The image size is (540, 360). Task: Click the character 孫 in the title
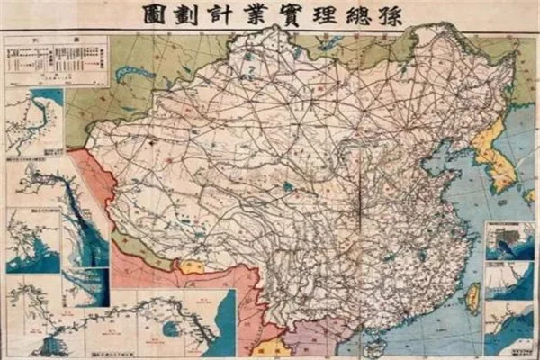coord(391,14)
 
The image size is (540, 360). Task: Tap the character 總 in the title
coord(356,14)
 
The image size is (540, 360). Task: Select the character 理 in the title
coord(322,14)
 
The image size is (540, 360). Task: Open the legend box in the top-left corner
coord(55,60)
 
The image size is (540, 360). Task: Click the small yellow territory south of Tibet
coord(191,267)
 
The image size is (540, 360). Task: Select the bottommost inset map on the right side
coord(509,328)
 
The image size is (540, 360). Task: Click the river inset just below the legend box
coord(34,121)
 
